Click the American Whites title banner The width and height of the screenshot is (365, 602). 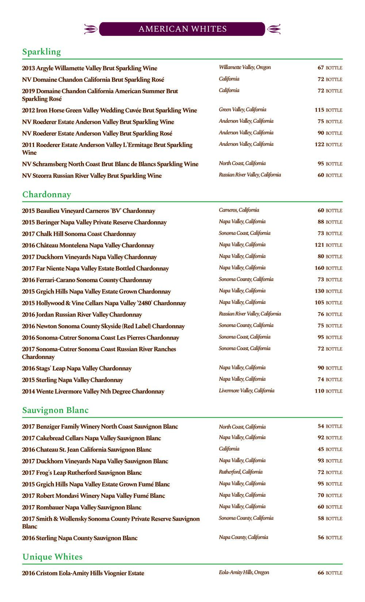pos(182,29)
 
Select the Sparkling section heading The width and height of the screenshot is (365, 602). pos(42,52)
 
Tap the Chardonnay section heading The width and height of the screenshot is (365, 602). pos(47,194)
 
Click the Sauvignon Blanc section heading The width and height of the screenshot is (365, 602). pos(55,410)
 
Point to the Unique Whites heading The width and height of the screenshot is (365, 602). pos(53,557)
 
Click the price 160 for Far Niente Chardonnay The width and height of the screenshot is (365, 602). pos(319,268)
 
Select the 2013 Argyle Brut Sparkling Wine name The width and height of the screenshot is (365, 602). pos(89,68)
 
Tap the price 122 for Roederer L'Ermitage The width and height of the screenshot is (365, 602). pos(319,144)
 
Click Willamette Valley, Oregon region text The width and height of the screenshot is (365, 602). pos(245,67)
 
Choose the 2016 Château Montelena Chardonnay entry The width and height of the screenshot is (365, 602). pos(88,245)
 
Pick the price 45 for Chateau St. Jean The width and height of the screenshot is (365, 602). pos(321,449)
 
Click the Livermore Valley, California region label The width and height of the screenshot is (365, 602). pos(246,391)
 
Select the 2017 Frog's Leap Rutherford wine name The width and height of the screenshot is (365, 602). pos(82,473)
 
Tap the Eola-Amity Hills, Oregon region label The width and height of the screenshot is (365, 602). pos(244,572)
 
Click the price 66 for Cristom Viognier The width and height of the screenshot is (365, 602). pos(321,573)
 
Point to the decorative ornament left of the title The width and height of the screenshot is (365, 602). pos(91,29)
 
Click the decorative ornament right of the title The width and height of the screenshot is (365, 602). pos(274,29)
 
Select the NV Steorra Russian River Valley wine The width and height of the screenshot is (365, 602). pos(92,176)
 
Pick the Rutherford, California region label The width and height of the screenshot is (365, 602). pos(241,472)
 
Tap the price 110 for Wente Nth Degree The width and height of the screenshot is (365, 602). pos(319,391)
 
